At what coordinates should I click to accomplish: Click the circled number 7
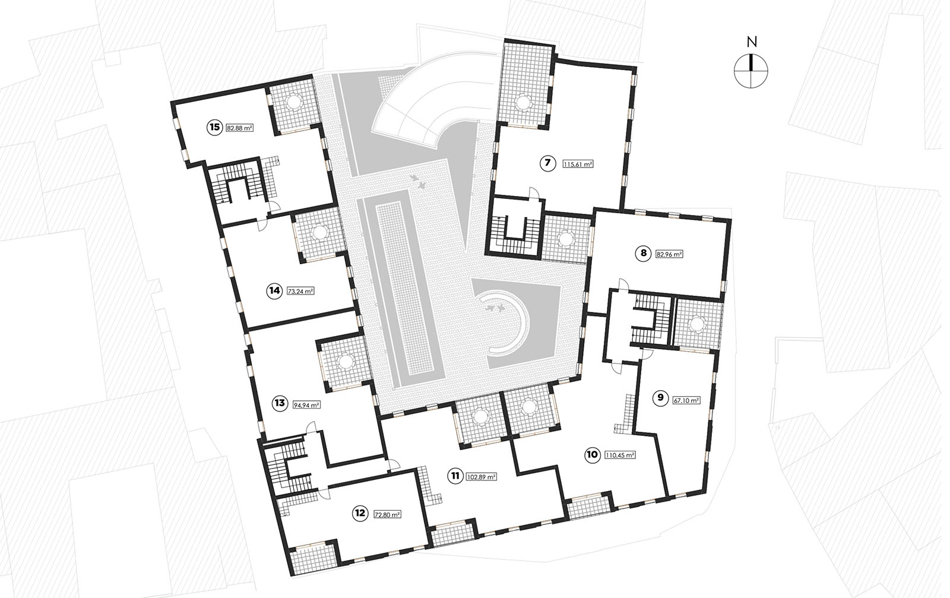547,163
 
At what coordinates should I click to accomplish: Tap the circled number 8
644,254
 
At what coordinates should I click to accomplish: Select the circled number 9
660,398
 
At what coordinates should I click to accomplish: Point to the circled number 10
592,455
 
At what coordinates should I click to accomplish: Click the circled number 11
455,476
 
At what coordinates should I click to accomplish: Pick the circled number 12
360,514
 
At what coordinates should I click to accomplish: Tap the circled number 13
280,403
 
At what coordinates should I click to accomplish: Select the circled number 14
274,291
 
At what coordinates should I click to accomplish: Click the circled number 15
214,127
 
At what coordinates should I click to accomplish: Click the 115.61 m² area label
578,164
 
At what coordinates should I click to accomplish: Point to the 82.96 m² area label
669,255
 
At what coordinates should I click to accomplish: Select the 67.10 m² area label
686,400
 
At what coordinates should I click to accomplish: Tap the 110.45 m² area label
620,455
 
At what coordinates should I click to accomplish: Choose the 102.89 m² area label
482,477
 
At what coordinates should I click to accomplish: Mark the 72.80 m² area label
388,515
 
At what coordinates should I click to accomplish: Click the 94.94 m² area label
306,405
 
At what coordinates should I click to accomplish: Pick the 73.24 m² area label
300,292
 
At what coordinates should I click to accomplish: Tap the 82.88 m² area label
240,128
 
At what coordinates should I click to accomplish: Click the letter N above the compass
752,42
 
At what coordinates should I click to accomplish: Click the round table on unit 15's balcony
293,102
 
